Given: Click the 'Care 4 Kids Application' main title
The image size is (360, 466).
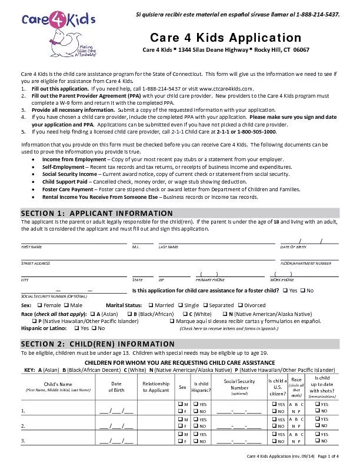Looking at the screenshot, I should point(226,38).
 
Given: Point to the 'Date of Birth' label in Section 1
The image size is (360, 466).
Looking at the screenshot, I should point(294,247).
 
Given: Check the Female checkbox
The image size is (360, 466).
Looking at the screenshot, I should point(39,305).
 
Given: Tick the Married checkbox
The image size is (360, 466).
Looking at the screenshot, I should point(151,305).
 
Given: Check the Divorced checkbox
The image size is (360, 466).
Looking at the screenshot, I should point(240,305).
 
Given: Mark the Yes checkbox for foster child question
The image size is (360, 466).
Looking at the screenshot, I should point(285,291).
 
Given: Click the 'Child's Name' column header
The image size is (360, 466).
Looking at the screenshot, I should point(57,384).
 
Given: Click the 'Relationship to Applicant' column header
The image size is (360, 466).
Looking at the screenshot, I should point(155,387).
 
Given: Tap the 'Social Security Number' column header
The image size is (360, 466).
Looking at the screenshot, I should point(239,384).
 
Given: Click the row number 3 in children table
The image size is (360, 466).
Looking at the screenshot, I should point(23,440).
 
